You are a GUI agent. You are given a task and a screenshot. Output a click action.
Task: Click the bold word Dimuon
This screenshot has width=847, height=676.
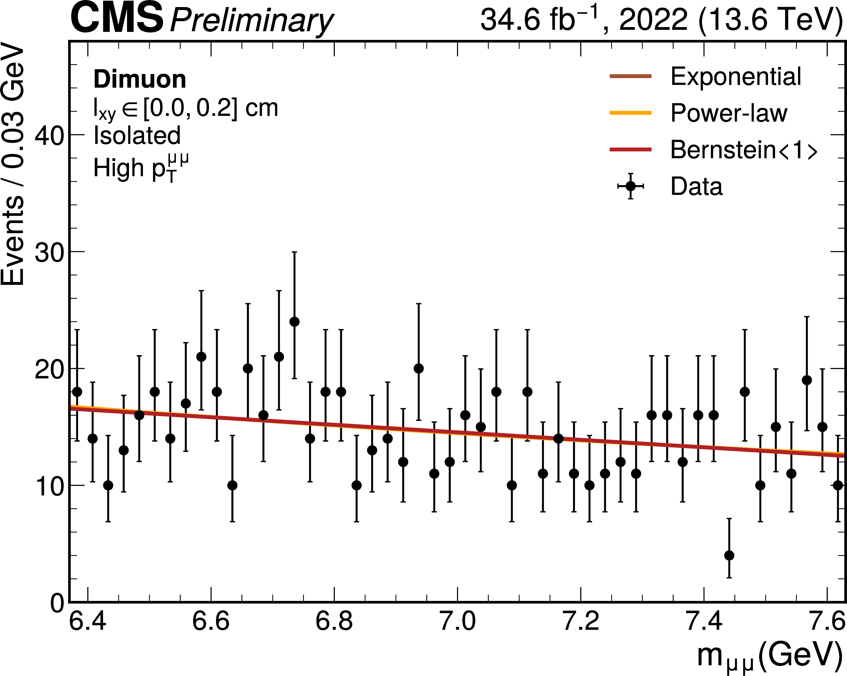point(140,79)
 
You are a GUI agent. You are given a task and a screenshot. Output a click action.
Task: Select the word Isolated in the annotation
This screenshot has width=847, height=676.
point(137,136)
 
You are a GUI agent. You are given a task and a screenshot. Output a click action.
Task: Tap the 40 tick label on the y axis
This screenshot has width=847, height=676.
point(49,136)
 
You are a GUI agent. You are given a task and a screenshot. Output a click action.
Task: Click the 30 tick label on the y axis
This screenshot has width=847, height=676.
point(49,253)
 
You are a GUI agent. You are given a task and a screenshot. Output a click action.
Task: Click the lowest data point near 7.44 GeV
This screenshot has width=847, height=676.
point(729,555)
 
